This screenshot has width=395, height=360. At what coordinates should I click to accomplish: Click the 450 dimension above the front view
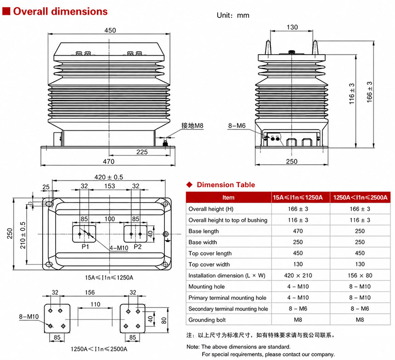[110, 30]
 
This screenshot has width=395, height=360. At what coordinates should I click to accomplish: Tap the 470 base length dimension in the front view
[108, 162]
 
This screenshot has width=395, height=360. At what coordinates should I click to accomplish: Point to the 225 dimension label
[142, 152]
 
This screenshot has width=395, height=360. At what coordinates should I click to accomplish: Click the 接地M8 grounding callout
[192, 125]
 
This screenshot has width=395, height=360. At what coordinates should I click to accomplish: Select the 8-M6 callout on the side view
[237, 125]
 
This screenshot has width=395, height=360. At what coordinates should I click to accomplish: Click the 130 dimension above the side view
[292, 27]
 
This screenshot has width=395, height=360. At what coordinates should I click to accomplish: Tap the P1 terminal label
[85, 247]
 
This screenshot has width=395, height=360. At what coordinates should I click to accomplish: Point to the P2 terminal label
[137, 247]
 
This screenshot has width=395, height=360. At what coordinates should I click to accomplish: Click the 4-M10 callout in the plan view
[119, 248]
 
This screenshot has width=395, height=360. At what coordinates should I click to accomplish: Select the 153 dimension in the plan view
[110, 186]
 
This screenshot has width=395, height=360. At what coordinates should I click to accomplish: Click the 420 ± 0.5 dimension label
[108, 177]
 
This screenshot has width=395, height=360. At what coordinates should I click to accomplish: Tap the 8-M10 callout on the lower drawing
[29, 316]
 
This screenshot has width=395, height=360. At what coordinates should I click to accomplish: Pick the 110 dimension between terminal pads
[96, 304]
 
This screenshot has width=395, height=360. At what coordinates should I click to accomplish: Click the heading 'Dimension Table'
[226, 185]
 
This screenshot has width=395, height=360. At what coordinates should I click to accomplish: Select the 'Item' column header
[228, 197]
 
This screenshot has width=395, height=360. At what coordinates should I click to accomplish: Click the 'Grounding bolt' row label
[207, 320]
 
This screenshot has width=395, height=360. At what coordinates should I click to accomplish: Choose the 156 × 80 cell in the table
[360, 276]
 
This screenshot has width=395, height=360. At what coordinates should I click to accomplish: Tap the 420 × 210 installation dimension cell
[298, 276]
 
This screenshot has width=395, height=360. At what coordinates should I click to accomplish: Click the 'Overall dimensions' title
[60, 11]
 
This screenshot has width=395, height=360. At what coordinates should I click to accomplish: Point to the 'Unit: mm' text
[233, 15]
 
